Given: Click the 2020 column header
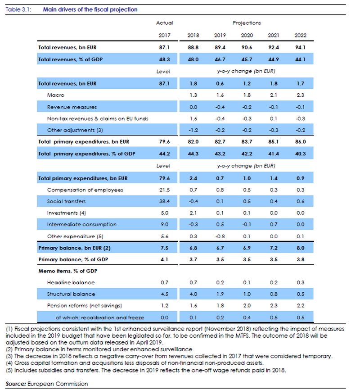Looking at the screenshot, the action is (247, 35).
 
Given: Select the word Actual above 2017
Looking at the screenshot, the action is (164, 23).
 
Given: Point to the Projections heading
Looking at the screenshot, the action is (247, 23).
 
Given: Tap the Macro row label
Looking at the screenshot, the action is (56, 95).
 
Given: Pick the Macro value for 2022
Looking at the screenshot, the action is (300, 95).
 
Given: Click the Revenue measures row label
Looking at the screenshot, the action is (72, 107).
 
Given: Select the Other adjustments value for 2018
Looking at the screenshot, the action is (193, 130).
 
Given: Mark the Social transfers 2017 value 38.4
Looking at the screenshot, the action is (164, 201).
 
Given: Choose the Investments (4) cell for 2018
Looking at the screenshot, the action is (193, 213).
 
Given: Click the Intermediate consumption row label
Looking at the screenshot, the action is (82, 224).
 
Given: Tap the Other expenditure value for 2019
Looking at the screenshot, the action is (220, 236).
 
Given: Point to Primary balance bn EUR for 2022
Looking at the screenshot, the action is (300, 248).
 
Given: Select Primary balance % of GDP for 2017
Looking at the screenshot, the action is (164, 259).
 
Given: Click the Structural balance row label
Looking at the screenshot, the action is (71, 294).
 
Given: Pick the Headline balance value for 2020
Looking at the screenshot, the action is (247, 282).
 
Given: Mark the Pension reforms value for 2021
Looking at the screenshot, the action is (274, 305).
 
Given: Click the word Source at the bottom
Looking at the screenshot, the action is (16, 384).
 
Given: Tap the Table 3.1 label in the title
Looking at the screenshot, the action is (18, 9).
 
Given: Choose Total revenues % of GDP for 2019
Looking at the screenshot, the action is (220, 59).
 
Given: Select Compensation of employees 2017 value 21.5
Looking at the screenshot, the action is (164, 190).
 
